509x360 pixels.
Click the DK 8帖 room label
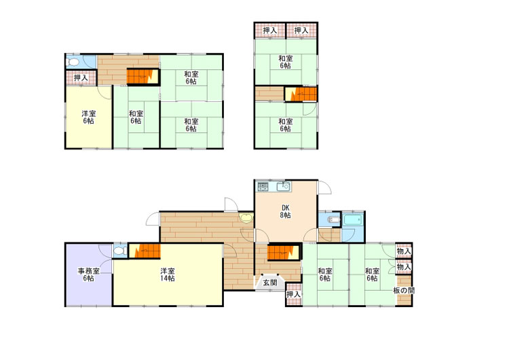(285, 211)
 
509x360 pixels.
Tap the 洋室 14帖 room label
(168, 274)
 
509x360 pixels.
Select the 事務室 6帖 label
(88, 274)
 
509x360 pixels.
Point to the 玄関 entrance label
(269, 283)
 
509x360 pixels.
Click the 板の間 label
(404, 291)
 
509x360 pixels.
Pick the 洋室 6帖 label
(88, 118)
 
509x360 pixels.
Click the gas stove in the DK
(263, 187)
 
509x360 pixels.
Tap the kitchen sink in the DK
(283, 187)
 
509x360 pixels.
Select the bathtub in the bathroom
(352, 220)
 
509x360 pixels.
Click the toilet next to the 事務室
(120, 251)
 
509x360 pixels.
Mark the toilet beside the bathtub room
(334, 220)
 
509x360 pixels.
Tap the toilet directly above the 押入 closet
(73, 62)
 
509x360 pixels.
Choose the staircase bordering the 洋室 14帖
(145, 251)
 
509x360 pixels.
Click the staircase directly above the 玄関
(283, 253)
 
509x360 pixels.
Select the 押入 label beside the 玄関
(294, 294)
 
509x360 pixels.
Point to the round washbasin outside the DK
(246, 217)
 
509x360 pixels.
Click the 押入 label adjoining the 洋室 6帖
(81, 78)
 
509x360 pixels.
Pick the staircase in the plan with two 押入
(301, 94)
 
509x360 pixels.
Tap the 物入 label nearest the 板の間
(404, 267)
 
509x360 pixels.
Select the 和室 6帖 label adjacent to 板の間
(372, 274)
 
